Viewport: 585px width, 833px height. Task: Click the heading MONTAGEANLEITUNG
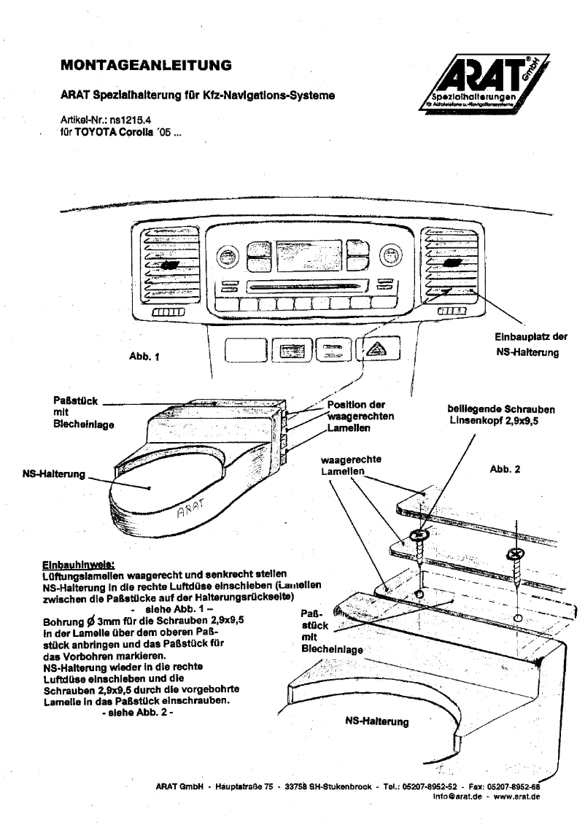(147, 66)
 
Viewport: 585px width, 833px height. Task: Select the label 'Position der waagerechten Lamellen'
(361, 417)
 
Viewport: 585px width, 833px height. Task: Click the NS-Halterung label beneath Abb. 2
(376, 721)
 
